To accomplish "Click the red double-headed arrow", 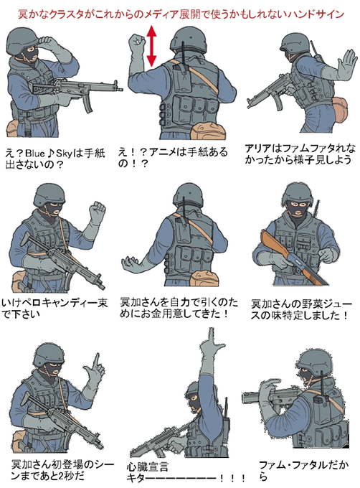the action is tap(151, 46).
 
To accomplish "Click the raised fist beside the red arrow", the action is tap(137, 42).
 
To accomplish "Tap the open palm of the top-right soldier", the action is tap(346, 64).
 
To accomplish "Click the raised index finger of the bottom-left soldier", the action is tap(97, 360).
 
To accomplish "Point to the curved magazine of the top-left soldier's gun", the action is tap(87, 104).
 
